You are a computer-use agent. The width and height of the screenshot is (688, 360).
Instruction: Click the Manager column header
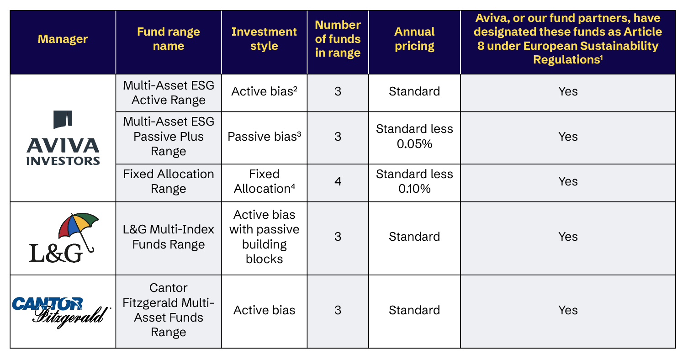point(63,39)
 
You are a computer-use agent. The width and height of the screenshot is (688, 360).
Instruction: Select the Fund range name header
point(168,39)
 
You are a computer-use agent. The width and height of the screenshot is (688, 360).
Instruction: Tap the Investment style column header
point(264,39)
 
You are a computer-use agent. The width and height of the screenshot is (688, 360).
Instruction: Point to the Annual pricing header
point(414,39)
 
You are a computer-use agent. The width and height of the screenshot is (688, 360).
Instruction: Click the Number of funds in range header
point(338,39)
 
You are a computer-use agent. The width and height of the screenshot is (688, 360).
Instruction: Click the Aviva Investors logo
point(63,138)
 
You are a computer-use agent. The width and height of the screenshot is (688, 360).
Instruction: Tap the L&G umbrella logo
point(64,238)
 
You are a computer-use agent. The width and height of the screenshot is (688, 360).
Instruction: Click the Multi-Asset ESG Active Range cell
point(168,93)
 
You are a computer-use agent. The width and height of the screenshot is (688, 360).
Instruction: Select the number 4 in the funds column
point(338,181)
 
